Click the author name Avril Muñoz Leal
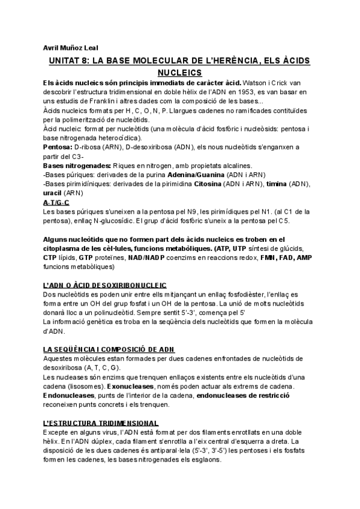[x=71, y=47]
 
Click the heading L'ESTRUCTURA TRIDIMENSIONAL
[x=101, y=423]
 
